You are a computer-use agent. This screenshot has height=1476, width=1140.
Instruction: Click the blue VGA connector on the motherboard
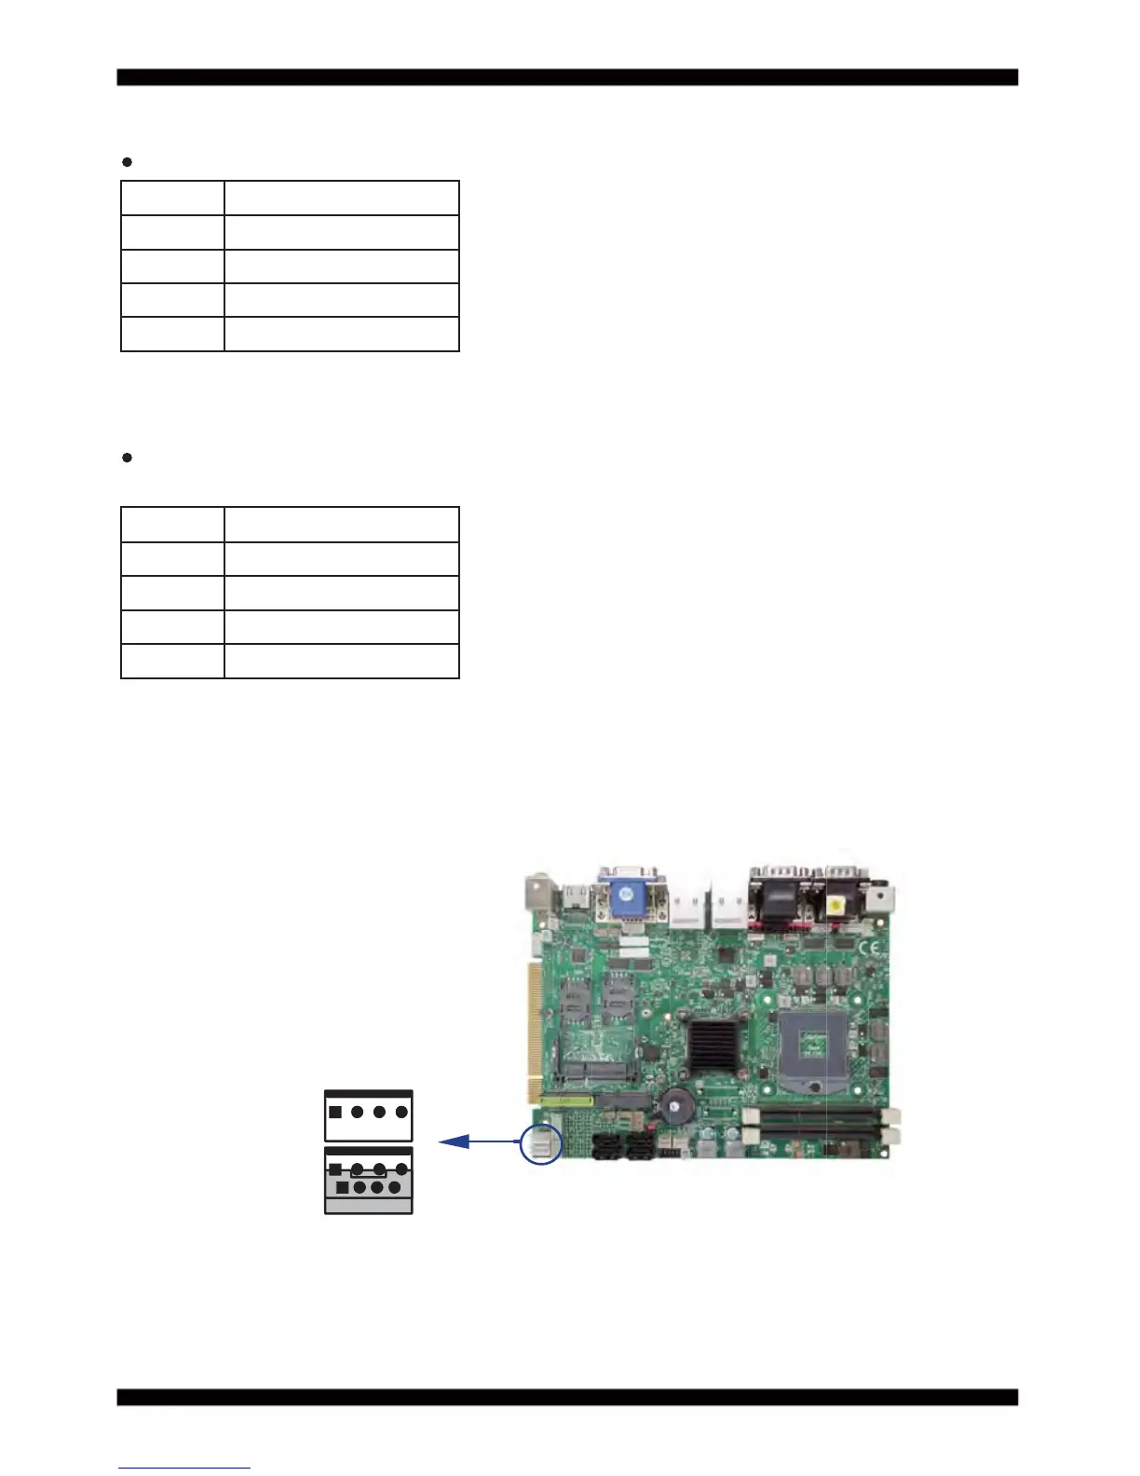pos(631,895)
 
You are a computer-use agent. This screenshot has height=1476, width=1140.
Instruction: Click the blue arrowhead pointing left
pos(453,1141)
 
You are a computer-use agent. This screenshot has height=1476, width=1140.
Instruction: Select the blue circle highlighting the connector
pos(541,1142)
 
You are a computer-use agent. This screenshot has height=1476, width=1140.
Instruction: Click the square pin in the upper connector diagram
pos(335,1112)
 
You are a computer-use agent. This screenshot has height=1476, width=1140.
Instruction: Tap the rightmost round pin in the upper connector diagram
pos(401,1112)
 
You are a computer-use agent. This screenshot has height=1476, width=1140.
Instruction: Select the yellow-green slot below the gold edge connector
pos(567,1100)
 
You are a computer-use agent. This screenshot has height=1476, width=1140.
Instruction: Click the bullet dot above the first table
pos(128,162)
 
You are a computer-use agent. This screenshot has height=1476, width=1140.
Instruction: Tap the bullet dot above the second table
pos(128,458)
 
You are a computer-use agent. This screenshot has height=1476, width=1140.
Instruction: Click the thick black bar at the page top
pos(567,77)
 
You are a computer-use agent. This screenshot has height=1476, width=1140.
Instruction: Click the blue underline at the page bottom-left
pos(184,1469)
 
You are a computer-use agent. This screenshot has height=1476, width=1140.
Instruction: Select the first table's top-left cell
pos(172,198)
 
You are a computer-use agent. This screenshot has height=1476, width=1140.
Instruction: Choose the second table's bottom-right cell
pos(342,661)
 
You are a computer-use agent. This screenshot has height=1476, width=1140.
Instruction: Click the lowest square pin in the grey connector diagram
pos(343,1188)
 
